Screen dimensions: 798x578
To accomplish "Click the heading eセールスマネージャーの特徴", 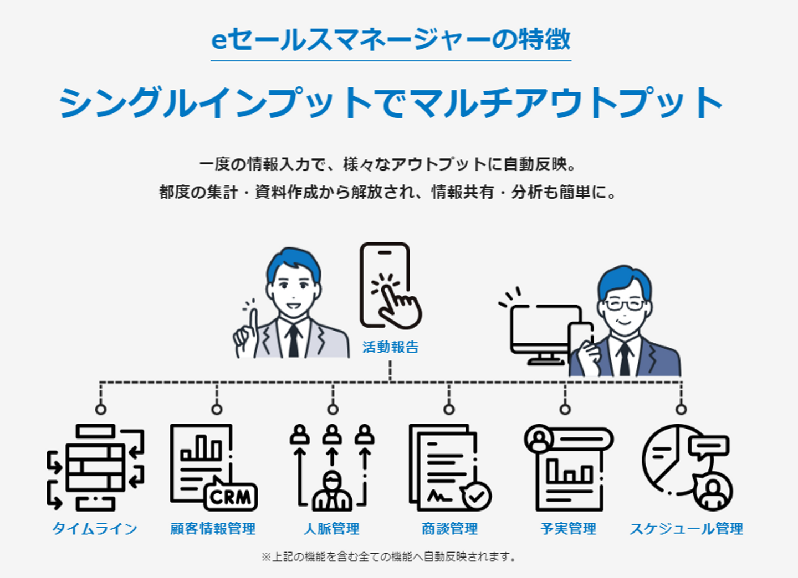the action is point(391,39).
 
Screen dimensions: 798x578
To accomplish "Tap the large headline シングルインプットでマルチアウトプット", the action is point(391,103).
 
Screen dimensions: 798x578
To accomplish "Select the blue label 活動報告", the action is point(391,347).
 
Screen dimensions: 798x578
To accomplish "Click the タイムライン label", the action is point(94,529).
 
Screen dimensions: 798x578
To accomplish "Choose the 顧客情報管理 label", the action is point(213,529).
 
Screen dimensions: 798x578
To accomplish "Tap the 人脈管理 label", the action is point(331,529).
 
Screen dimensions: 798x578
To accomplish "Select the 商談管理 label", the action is point(449,529).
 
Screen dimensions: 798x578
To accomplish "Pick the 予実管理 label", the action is point(568,529).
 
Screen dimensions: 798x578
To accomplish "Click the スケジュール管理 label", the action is point(687,529).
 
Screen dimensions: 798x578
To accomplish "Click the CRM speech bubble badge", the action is point(231,496).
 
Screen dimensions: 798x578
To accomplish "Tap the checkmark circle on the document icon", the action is point(477,496).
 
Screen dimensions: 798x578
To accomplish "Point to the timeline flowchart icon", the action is point(95,468).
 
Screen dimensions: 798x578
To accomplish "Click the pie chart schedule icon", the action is point(688,468).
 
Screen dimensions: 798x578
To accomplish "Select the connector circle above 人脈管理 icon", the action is point(332,410).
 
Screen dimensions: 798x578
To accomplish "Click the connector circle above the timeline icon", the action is point(101,410).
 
